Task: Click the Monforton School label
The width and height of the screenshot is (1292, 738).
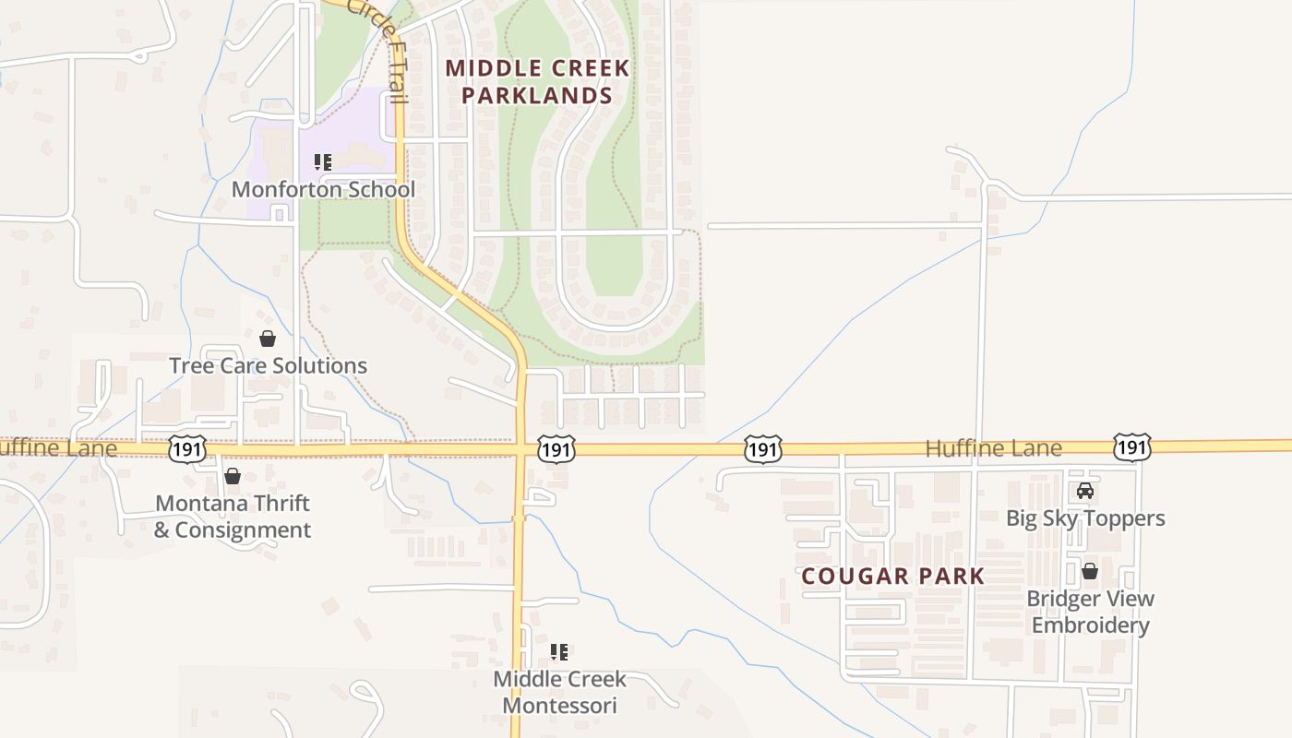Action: [323, 190]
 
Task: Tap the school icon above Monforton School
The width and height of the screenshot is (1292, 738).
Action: [323, 163]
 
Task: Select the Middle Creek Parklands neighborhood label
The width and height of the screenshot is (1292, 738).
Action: [537, 81]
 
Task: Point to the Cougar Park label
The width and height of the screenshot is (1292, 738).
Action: [892, 577]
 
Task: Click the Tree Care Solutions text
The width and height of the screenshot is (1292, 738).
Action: [268, 366]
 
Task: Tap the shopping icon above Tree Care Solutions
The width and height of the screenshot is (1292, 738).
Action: [268, 339]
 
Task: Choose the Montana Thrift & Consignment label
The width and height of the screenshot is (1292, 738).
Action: [233, 517]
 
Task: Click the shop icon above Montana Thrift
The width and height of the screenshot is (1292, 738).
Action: [233, 476]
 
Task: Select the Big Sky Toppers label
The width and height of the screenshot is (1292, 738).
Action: [1085, 518]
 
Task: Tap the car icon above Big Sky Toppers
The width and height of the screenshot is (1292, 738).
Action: [1085, 491]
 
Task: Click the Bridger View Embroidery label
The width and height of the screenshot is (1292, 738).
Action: [1090, 612]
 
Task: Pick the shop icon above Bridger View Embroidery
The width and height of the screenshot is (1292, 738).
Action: [1090, 571]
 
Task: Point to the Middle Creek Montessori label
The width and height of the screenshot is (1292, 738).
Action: [559, 692]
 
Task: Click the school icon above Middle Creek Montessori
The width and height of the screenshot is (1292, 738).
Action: [558, 652]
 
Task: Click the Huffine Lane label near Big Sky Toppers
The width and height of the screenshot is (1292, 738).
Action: [993, 449]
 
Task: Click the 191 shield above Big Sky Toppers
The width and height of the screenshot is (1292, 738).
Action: [1131, 447]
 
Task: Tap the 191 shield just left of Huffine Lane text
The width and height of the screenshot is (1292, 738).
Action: [763, 449]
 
